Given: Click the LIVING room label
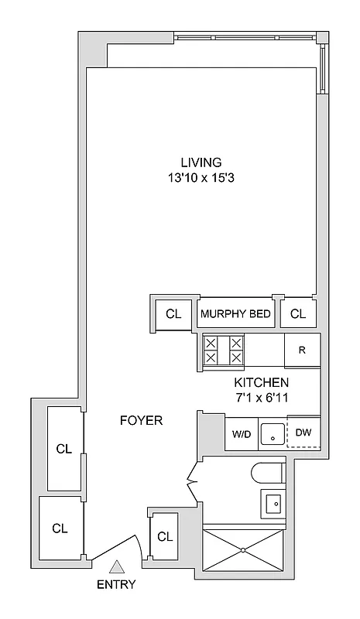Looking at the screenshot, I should point(201,162).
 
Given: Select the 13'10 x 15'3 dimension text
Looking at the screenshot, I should point(201,177).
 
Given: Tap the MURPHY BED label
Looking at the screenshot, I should point(235,314).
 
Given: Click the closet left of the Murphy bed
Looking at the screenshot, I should point(173,314).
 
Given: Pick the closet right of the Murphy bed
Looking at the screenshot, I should point(297,314).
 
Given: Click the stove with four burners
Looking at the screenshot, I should point(223,351).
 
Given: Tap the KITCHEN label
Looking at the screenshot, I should point(261,383).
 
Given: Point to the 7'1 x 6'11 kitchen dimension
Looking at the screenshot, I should point(261,398).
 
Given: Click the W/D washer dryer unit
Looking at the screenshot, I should point(240,435).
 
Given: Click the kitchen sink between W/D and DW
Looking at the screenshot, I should point(272,435).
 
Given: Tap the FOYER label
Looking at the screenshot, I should point(141,421).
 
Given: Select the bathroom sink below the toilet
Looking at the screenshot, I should point(273,504).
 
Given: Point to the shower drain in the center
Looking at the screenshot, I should point(243,550).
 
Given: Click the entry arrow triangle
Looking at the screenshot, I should point(116,567).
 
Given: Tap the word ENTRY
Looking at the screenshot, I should point(116,586).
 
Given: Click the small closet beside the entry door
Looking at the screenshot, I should point(163,537).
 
